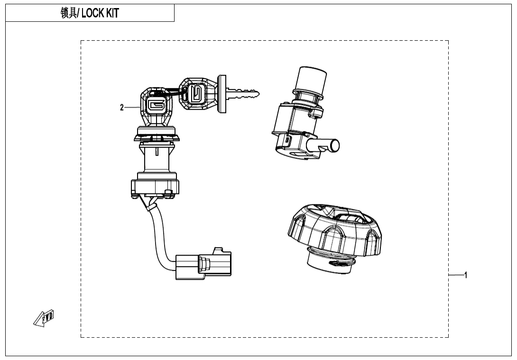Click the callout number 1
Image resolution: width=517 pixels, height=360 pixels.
[466, 275]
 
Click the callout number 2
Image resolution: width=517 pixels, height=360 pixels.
[122, 108]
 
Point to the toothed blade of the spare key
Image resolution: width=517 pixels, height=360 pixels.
[244, 94]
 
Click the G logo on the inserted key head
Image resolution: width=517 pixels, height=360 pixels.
[155, 104]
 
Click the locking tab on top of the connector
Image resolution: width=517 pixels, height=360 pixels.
[219, 249]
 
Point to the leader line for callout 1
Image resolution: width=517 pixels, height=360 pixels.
[456, 275]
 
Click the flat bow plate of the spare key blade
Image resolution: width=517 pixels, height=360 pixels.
[222, 94]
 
